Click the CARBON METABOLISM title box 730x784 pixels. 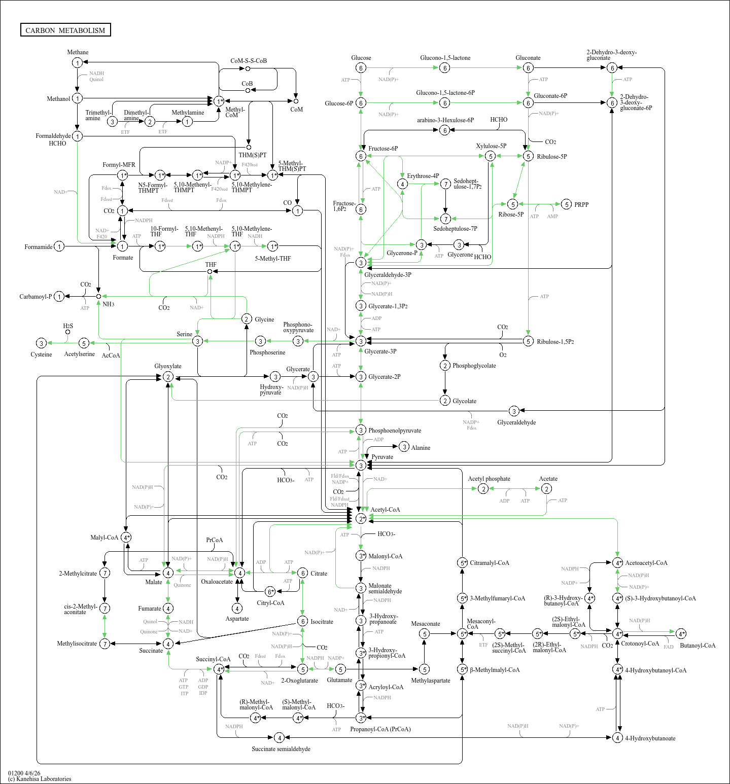[x=65, y=30]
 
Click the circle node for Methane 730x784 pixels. [x=77, y=63]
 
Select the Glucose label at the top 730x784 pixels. [x=361, y=58]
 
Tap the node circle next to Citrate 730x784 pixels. [x=302, y=573]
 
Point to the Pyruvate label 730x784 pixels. [x=382, y=457]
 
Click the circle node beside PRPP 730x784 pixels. [x=567, y=204]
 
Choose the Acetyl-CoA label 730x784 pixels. [x=385, y=510]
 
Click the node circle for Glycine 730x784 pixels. [x=247, y=319]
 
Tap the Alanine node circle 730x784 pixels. [x=404, y=447]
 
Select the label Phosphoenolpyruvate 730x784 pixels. [x=395, y=431]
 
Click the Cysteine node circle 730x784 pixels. [x=42, y=343]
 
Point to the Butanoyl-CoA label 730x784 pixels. [x=698, y=646]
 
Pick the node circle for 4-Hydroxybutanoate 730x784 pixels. [x=617, y=738]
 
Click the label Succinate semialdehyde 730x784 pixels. [x=281, y=749]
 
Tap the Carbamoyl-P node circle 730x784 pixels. [x=59, y=297]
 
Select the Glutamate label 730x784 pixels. [x=339, y=680]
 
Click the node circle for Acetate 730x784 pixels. [x=546, y=489]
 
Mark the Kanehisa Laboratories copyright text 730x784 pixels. [x=40, y=779]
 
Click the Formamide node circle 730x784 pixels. [x=59, y=246]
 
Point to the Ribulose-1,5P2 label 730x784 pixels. [x=555, y=342]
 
